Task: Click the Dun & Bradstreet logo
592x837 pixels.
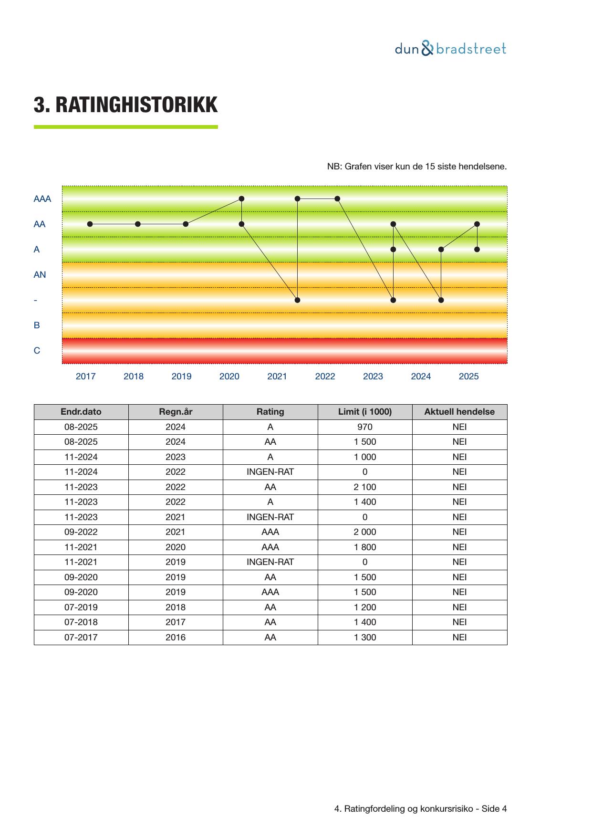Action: pos(450,49)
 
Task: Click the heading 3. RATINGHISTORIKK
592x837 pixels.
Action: pos(125,105)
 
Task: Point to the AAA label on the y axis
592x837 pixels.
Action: pos(42,199)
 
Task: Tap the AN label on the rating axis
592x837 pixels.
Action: pos(40,275)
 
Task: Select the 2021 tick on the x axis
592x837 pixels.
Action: pos(277,377)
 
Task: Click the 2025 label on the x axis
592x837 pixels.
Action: pos(468,377)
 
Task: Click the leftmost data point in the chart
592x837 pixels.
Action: pos(90,224)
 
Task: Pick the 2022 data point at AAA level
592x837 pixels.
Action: pos(337,199)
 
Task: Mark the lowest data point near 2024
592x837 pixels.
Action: pos(441,300)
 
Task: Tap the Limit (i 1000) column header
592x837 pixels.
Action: pos(365,412)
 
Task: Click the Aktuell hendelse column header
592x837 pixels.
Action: pos(459,412)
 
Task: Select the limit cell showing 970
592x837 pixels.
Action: pos(365,427)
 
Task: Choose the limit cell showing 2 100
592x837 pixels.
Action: pos(365,487)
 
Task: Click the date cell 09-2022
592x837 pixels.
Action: pos(81,532)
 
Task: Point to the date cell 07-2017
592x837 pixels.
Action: pos(81,638)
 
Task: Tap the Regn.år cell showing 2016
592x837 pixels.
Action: pos(176,638)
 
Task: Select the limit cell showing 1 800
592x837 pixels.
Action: pos(365,547)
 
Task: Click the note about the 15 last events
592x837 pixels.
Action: pos(416,167)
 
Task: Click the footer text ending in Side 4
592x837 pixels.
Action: pos(420,809)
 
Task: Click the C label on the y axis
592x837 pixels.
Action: pos(37,351)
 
